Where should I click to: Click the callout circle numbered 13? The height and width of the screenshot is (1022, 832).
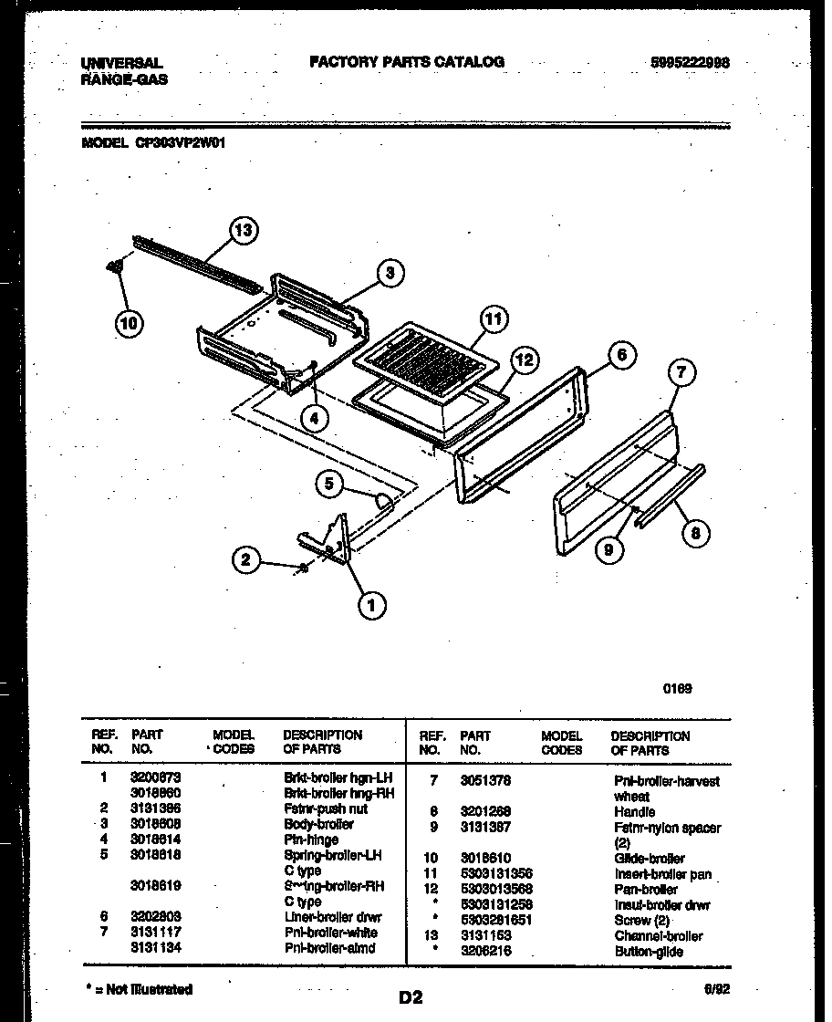(244, 230)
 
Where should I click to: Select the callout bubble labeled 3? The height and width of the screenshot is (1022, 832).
(390, 272)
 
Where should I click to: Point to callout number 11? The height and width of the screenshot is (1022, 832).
(493, 319)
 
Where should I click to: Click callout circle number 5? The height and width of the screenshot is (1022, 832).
(331, 484)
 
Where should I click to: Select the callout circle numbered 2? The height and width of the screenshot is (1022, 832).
(245, 559)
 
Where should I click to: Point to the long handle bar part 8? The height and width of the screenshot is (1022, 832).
(671, 498)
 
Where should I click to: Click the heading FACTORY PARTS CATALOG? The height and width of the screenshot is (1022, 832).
(406, 62)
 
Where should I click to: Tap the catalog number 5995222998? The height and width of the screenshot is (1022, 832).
(691, 63)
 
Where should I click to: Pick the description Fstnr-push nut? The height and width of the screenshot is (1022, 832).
(327, 808)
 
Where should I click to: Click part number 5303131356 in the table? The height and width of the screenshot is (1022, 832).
(497, 873)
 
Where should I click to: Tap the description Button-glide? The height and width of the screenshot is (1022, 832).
(649, 951)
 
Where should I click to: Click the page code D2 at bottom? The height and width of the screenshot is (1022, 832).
(411, 997)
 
